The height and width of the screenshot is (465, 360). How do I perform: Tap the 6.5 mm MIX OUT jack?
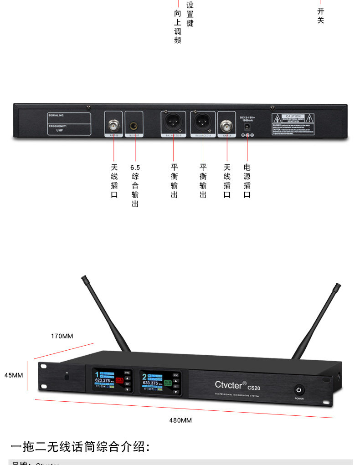click(134, 125)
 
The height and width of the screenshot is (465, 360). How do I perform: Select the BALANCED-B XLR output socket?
click(173, 123)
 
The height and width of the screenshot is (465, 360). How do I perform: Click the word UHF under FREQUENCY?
click(60, 130)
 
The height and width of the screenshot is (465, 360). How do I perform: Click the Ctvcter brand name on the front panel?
click(231, 384)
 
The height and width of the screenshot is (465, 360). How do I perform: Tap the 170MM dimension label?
click(62, 336)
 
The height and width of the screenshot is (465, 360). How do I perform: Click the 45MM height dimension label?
click(14, 375)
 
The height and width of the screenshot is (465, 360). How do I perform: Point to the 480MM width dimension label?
click(180, 420)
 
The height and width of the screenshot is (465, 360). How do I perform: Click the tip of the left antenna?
click(83, 277)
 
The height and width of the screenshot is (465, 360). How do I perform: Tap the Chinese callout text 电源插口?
click(247, 181)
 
